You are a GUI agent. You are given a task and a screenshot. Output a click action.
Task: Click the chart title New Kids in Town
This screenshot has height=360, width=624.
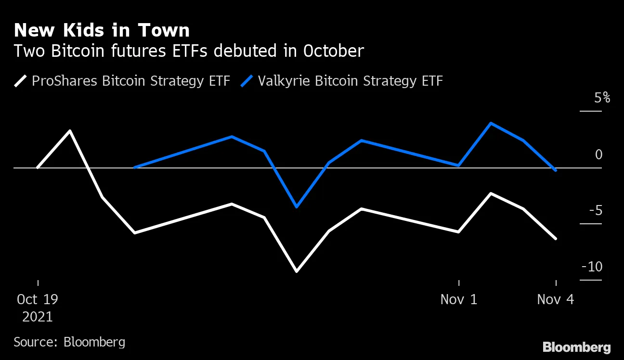pyautogui.click(x=102, y=31)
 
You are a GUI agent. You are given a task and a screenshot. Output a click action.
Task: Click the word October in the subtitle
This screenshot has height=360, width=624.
pyautogui.click(x=333, y=51)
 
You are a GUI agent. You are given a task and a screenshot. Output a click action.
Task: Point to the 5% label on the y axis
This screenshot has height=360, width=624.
pyautogui.click(x=602, y=98)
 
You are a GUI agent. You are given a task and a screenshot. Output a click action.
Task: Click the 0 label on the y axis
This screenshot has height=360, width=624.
pyautogui.click(x=598, y=154)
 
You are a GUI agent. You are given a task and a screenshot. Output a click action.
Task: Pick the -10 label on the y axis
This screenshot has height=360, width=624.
pyautogui.click(x=592, y=267)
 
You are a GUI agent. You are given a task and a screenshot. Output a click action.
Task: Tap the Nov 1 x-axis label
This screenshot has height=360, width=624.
pyautogui.click(x=458, y=299)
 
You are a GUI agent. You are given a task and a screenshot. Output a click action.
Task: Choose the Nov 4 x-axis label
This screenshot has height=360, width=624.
pyautogui.click(x=556, y=299)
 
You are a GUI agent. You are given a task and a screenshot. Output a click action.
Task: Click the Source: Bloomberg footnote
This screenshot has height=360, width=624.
pyautogui.click(x=69, y=342)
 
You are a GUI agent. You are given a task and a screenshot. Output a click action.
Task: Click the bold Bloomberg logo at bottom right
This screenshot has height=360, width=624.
pyautogui.click(x=576, y=347)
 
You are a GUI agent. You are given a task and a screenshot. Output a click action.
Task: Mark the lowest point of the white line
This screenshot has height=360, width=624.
pyautogui.click(x=296, y=271)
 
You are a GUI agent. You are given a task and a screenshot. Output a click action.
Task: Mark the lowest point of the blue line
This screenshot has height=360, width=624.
pyautogui.click(x=296, y=207)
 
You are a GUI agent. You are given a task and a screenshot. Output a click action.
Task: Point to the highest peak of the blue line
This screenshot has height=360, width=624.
pyautogui.click(x=491, y=123)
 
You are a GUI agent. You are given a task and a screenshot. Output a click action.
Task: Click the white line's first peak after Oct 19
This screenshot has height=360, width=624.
pyautogui.click(x=70, y=130)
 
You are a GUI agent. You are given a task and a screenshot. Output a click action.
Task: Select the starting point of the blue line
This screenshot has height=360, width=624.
pyautogui.click(x=134, y=167)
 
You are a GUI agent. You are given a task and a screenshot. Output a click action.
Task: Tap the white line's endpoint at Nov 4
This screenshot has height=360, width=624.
pyautogui.click(x=556, y=238)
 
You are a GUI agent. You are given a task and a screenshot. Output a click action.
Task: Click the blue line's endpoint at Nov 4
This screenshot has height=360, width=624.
pyautogui.click(x=556, y=170)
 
